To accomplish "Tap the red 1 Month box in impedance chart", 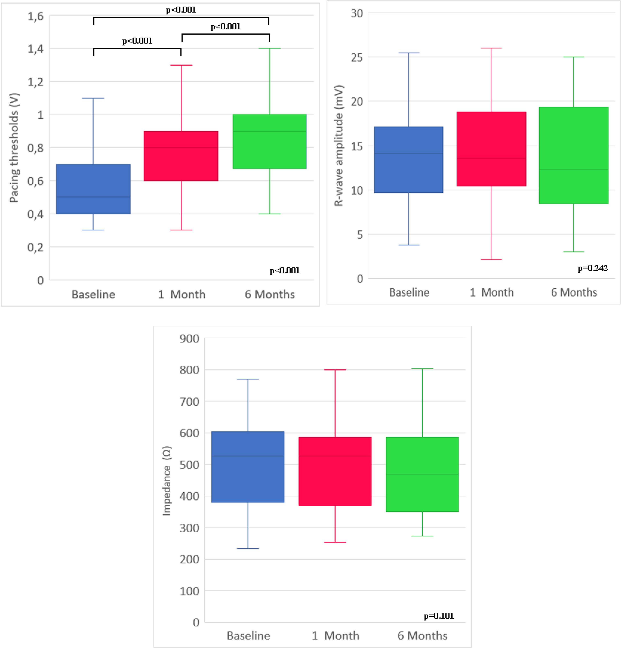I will (335, 471).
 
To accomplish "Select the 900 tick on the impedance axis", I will (189, 339).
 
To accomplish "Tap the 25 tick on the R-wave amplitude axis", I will (356, 57).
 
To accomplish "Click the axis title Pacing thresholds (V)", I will (14, 148).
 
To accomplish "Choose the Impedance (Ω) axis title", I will (167, 481).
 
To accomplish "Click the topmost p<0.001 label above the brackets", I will (181, 10).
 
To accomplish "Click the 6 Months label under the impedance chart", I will (422, 635).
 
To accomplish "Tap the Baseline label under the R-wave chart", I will (409, 292).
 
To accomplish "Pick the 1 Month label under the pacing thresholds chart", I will (182, 294).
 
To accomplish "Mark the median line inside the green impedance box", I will (422, 474).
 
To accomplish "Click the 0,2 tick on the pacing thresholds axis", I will (35, 247).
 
